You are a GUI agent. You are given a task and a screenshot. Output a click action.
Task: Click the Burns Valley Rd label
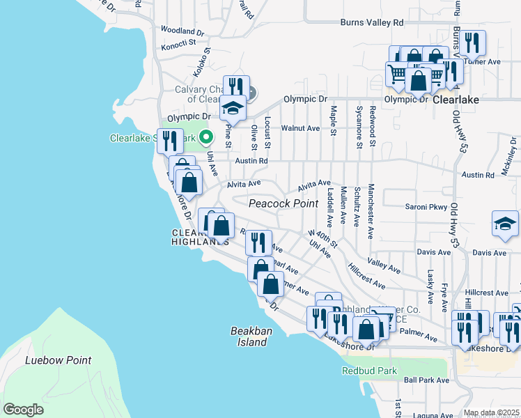(371, 22)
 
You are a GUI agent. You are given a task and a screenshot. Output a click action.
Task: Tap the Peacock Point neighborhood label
(279, 202)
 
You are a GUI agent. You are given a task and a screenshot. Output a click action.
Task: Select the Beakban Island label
(249, 336)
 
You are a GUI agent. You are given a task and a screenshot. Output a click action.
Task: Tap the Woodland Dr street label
(182, 31)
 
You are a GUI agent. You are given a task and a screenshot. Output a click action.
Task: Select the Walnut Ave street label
(300, 128)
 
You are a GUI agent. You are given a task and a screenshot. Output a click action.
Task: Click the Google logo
(23, 410)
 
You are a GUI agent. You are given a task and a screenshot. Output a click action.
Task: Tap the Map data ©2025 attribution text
(491, 413)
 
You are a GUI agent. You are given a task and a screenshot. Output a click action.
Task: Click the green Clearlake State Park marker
(205, 137)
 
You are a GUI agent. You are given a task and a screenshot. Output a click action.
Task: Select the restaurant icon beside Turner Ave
(472, 43)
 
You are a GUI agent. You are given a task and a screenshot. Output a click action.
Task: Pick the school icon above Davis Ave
(505, 224)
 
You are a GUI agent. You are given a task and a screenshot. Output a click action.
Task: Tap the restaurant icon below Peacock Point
(258, 242)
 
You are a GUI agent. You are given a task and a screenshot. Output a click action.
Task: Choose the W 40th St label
(323, 240)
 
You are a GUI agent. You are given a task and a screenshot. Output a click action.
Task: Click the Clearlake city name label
(456, 100)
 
